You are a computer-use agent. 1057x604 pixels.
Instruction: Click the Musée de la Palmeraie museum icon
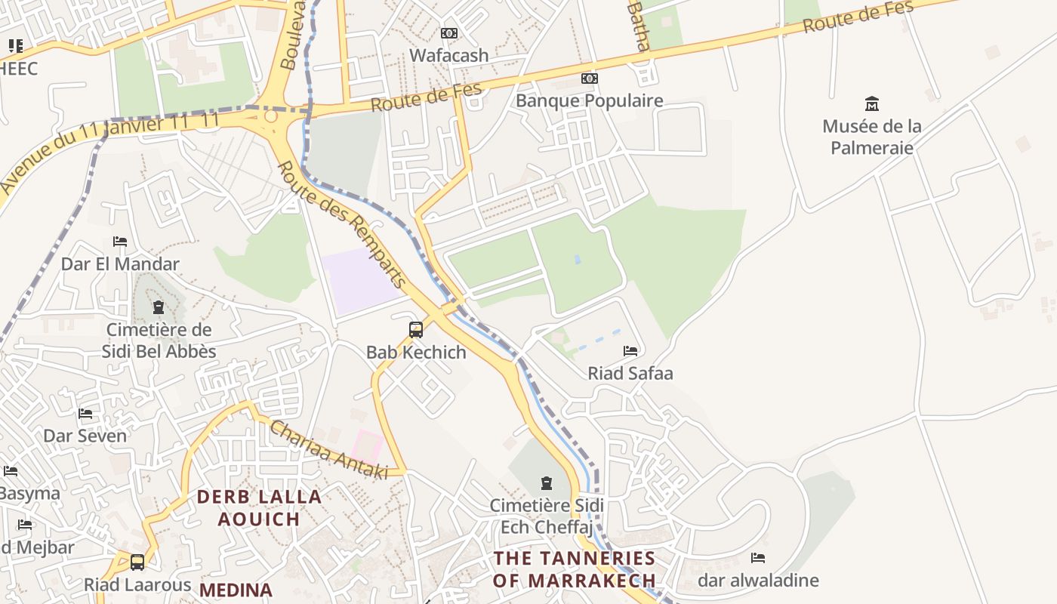coord(872,103)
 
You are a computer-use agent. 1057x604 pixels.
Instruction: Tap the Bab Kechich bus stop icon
coord(415,330)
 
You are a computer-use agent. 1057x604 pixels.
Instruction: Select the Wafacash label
coord(448,55)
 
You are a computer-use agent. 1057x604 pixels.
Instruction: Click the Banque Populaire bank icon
coord(589,79)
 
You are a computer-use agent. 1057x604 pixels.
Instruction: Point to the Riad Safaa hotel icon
coord(630,351)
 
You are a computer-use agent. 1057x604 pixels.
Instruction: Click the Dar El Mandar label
coord(120,264)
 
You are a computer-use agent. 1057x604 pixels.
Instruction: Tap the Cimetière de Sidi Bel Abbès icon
coord(159,307)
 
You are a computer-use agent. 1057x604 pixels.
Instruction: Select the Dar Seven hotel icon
coord(85,414)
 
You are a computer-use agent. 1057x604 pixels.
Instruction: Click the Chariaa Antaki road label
coord(328,450)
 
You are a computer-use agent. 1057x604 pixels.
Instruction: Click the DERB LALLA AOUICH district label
coord(259,507)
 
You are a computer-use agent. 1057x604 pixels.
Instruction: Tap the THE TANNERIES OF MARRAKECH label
coord(574,569)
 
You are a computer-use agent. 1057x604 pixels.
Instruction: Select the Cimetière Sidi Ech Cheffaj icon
coord(546,483)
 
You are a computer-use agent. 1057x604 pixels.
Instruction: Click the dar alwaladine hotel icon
coord(758,558)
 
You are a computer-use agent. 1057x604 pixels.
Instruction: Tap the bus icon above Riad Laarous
coord(137,562)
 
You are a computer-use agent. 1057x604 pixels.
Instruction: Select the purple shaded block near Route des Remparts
coord(361,279)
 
